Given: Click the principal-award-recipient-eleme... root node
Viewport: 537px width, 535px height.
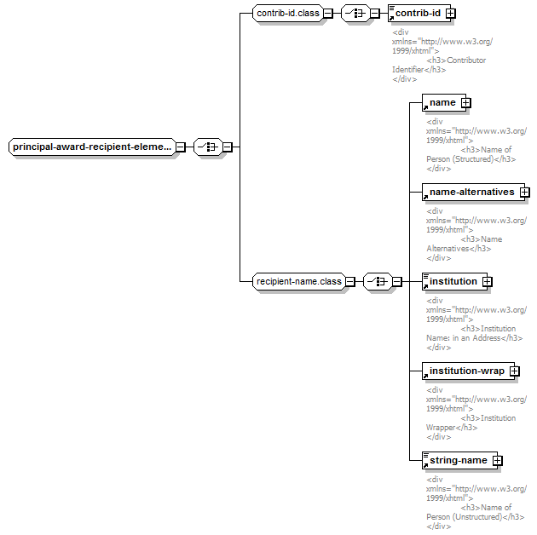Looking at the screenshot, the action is [x=92, y=147].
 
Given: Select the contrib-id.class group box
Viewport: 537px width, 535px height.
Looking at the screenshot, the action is [x=288, y=14].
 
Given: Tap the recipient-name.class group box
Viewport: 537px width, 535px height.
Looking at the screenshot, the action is [x=299, y=282].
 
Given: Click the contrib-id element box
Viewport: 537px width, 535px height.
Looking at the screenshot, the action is [x=419, y=14].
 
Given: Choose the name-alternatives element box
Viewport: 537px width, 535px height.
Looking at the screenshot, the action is [x=473, y=192].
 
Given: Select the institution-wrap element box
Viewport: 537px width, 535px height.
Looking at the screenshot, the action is [x=468, y=371].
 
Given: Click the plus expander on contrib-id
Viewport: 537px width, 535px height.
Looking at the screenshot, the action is [x=451, y=14].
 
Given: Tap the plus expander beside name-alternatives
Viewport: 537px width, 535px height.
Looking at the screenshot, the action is [x=525, y=192].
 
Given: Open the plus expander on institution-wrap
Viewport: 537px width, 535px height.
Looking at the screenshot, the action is [x=514, y=371].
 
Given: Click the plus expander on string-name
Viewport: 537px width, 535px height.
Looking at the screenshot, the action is [x=497, y=460].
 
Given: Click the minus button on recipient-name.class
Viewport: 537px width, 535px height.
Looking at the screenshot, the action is [x=350, y=282].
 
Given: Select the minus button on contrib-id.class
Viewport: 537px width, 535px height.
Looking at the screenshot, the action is [x=328, y=14].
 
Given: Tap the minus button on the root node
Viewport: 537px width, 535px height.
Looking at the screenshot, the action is [x=180, y=147].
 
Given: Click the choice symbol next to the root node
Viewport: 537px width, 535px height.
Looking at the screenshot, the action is [x=208, y=147].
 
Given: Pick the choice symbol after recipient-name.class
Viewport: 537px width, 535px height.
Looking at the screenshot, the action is [x=378, y=282].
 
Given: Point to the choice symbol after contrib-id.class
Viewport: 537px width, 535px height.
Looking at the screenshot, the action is [x=355, y=14].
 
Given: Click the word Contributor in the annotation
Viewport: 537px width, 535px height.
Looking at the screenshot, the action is [x=466, y=60].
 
